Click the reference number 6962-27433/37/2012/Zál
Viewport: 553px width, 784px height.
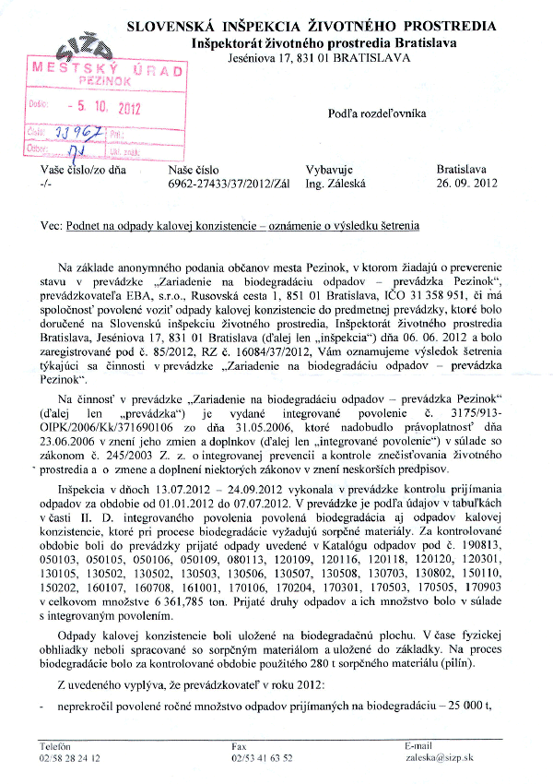pyautogui.click(x=216, y=184)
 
